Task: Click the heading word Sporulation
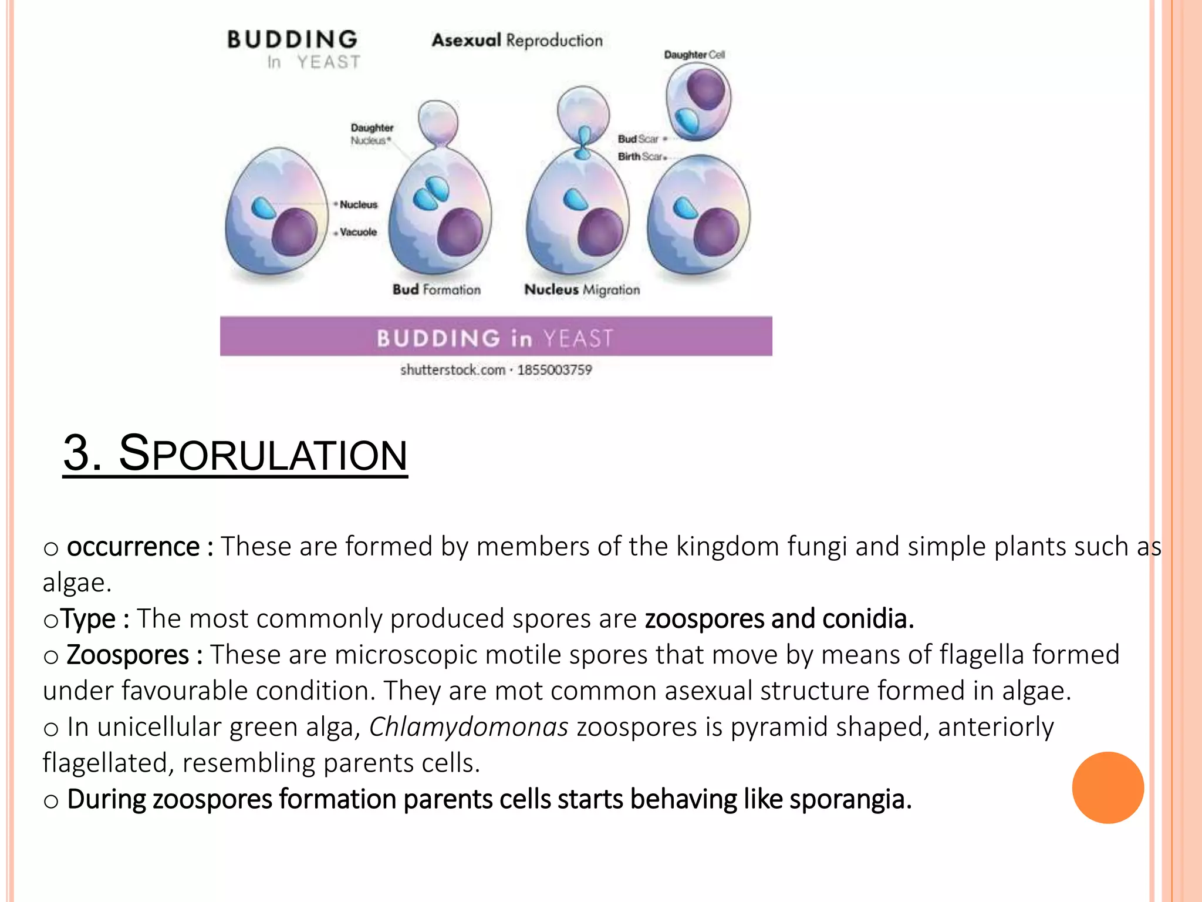(x=263, y=454)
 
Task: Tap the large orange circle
(x=1108, y=787)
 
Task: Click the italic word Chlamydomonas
(x=468, y=727)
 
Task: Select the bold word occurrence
(x=133, y=547)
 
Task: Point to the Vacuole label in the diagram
(x=358, y=232)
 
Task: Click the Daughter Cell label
(x=694, y=55)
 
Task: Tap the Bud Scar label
(x=638, y=139)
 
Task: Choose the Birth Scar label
(x=640, y=157)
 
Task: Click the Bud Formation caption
(x=436, y=290)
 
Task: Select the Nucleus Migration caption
(x=582, y=290)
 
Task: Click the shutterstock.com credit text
(x=453, y=370)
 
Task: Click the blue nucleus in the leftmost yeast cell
(x=264, y=208)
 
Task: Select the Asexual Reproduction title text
(x=517, y=41)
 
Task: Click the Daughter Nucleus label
(x=372, y=134)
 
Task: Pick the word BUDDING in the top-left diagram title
(x=292, y=40)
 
